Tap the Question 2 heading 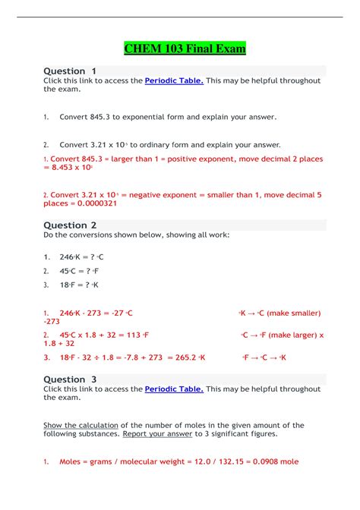pos(70,225)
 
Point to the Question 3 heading pos(70,379)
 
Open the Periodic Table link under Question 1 pos(174,80)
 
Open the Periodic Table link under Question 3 pos(174,389)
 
